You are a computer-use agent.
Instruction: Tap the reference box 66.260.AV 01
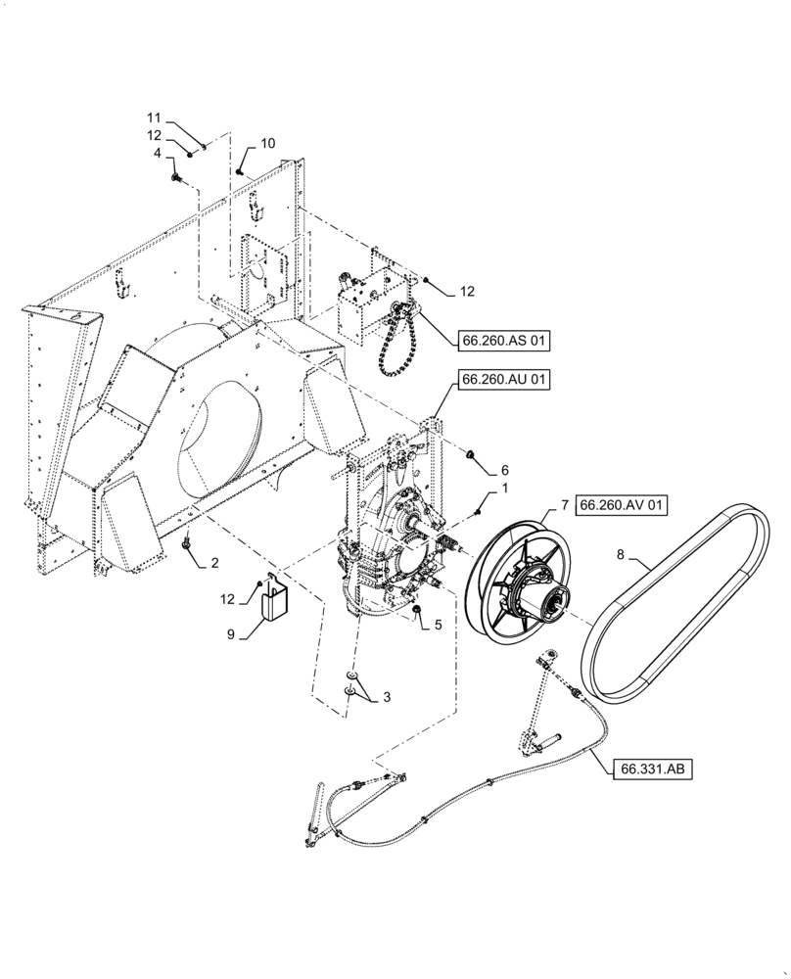(x=623, y=505)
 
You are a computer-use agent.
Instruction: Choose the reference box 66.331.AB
(x=654, y=769)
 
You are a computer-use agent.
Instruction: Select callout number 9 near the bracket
(x=231, y=635)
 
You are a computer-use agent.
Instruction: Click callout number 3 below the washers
(x=386, y=697)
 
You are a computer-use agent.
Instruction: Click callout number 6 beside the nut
(x=504, y=470)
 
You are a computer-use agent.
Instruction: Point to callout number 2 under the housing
(x=214, y=562)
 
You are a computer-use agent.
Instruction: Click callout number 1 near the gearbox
(x=504, y=487)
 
